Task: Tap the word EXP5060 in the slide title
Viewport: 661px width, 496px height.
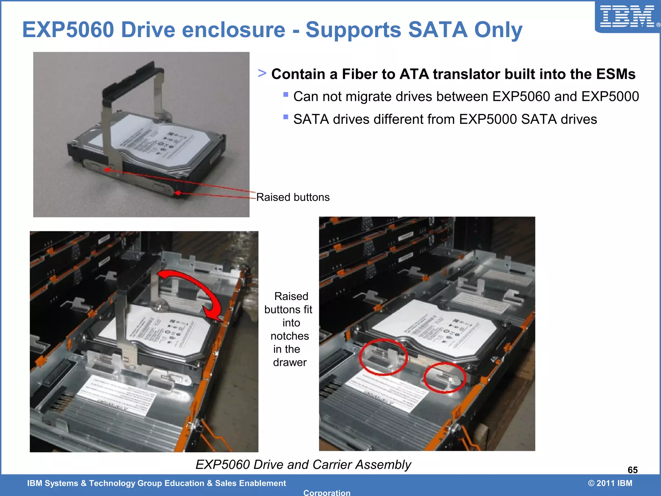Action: click(68, 30)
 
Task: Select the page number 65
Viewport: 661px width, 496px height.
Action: click(632, 470)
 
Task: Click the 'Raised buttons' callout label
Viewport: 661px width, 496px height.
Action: click(293, 197)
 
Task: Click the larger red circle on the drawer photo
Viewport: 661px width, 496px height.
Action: click(383, 357)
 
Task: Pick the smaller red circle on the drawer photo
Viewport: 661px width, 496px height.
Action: click(444, 377)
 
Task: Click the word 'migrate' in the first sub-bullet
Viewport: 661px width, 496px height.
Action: click(368, 97)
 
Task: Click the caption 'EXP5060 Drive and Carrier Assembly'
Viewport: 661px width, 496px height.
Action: click(303, 464)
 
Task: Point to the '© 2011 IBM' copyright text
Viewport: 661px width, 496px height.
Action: click(610, 483)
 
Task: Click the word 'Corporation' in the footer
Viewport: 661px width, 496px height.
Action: click(327, 493)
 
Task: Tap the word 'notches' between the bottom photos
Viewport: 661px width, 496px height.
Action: click(290, 336)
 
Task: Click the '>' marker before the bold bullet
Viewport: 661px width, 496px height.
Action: click(262, 73)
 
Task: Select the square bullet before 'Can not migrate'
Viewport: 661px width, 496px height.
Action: click(286, 95)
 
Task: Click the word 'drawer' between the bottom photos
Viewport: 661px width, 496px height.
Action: click(290, 362)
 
